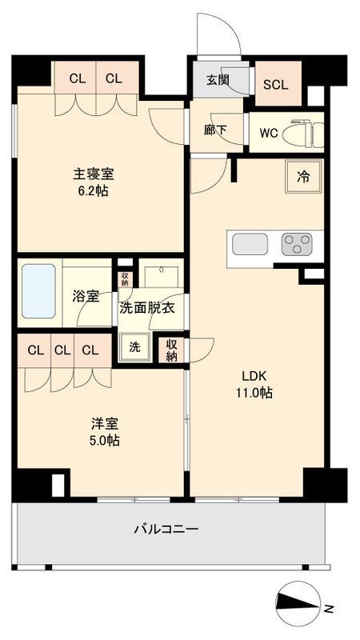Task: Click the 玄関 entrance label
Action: (217, 79)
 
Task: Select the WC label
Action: (268, 133)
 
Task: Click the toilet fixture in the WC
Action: (309, 132)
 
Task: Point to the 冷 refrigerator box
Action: (304, 177)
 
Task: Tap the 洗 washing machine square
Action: (134, 347)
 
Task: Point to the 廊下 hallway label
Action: (215, 130)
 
